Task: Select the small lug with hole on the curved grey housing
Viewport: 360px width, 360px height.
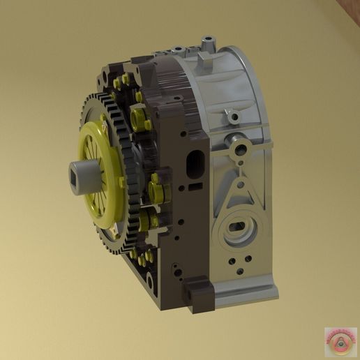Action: click(x=227, y=113)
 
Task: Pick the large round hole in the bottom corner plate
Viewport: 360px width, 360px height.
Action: click(x=149, y=283)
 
